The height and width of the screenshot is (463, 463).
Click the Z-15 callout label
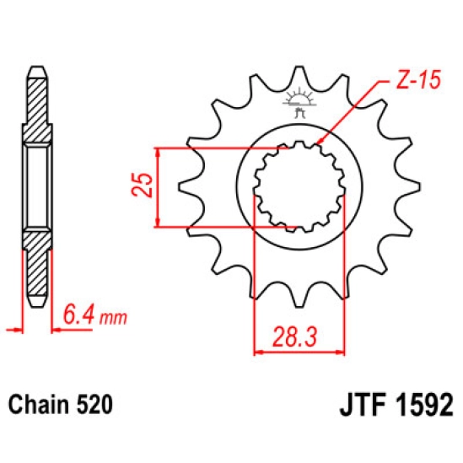[x=418, y=79]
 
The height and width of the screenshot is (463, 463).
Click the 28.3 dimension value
[x=294, y=336]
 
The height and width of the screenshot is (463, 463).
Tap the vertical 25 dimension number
[x=142, y=186]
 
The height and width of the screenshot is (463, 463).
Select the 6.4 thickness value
[x=78, y=315]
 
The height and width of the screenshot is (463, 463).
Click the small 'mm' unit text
[x=113, y=318]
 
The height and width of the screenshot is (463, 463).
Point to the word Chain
[x=39, y=404]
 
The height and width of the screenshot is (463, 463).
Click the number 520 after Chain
[x=94, y=404]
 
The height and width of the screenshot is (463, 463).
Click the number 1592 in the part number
[x=423, y=405]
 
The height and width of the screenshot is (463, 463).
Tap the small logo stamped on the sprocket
[x=299, y=104]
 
